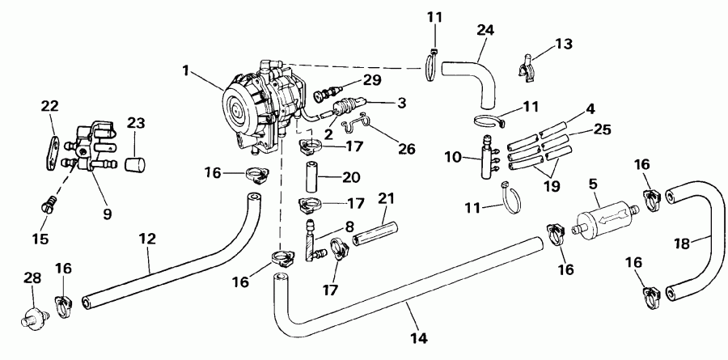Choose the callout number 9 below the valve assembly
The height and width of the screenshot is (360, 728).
pos(107,214)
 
